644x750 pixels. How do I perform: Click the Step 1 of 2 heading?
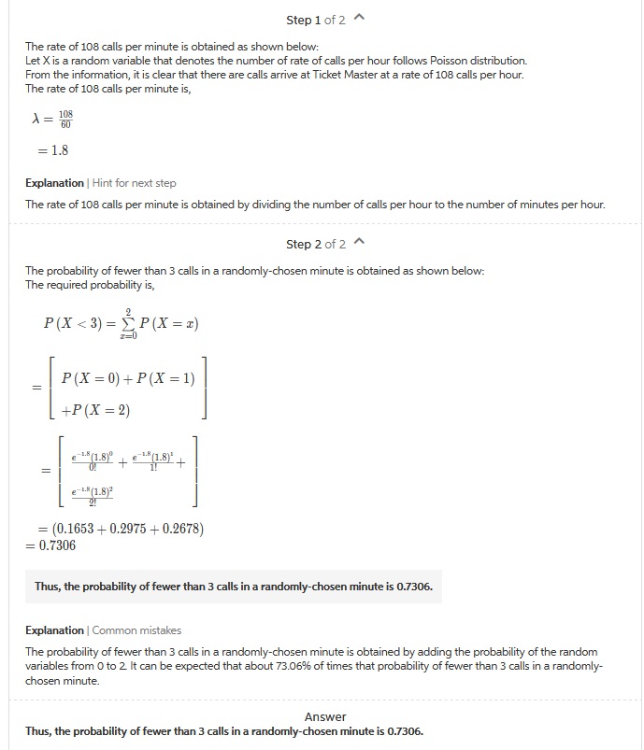click(x=315, y=20)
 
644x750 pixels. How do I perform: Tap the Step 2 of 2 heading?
click(x=315, y=244)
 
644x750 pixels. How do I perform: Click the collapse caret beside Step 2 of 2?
click(x=361, y=244)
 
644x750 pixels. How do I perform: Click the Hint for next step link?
click(x=134, y=183)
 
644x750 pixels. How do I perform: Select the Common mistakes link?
click(x=136, y=630)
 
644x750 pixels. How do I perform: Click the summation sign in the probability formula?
click(x=128, y=324)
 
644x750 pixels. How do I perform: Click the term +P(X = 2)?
click(x=95, y=411)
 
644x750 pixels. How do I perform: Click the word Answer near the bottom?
click(x=324, y=716)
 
